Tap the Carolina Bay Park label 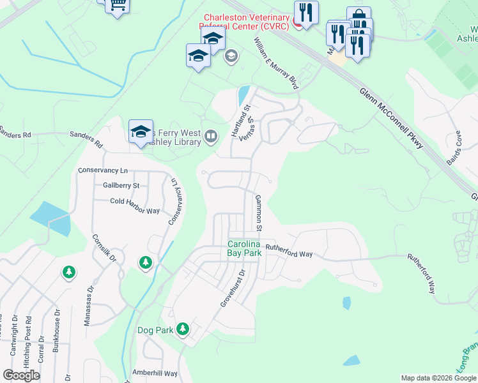point(245,249)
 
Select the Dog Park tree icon point(183,329)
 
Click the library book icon point(210,136)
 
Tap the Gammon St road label point(259,213)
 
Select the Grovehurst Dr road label point(233,289)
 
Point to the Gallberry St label point(121,186)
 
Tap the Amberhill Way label point(154,373)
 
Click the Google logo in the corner point(21,375)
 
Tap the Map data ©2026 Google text point(438,378)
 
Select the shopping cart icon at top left point(117,5)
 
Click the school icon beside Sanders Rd point(141,132)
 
